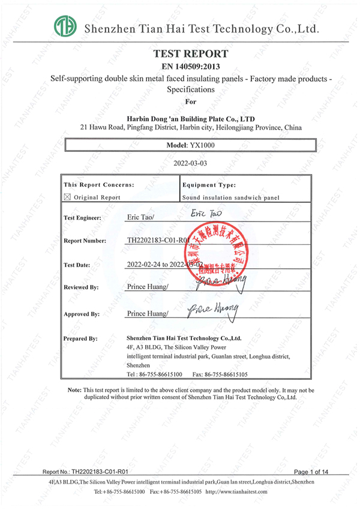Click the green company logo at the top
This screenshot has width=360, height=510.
click(65, 26)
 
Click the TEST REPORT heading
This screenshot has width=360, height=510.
click(191, 53)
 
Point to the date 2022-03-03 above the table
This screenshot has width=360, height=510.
click(190, 163)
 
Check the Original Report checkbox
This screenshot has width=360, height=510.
click(67, 197)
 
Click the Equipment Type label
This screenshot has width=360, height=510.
click(209, 185)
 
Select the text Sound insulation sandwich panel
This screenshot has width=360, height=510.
click(230, 197)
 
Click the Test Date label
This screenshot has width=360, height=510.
click(78, 265)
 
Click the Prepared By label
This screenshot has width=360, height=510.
click(80, 338)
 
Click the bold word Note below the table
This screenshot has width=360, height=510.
click(74, 390)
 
